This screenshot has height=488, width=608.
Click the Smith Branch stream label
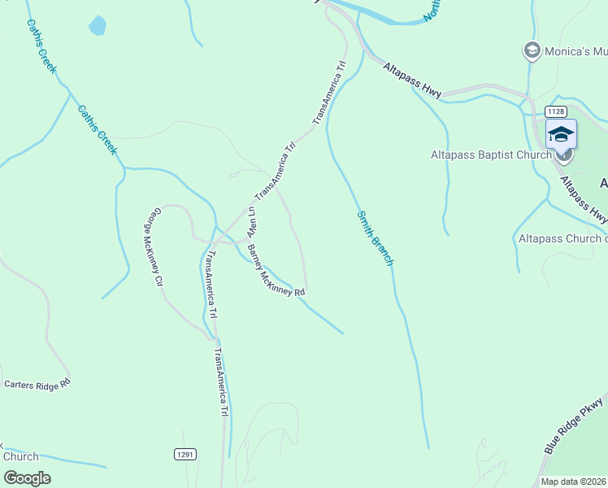376,238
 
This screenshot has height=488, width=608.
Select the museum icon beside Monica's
532,50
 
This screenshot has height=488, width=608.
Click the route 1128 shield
555,111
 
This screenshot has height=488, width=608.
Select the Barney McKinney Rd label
276,270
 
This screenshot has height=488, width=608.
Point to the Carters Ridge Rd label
37,383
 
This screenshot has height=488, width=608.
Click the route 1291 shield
185,455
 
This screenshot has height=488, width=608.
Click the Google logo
27,477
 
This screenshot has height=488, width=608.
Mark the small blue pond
98,25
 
